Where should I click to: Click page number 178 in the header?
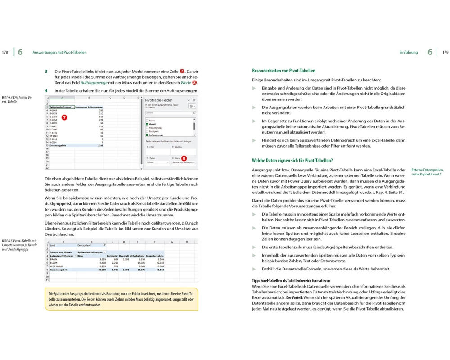point(5,52)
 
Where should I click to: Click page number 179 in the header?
point(445,52)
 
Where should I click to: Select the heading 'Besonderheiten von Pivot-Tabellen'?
point(283,71)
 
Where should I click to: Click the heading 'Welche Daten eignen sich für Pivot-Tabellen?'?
point(292,161)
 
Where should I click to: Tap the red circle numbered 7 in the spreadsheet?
point(64,117)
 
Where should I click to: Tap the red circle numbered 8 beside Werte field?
point(184,158)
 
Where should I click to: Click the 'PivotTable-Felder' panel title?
point(159,100)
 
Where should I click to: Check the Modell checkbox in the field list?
point(147,124)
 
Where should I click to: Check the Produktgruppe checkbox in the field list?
point(147,128)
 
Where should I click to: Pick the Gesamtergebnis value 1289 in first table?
point(101,146)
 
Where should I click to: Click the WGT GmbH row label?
point(57,266)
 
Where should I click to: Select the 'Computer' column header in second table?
point(112,256)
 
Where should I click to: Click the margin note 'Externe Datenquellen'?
point(427,170)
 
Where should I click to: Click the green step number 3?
point(46,72)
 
